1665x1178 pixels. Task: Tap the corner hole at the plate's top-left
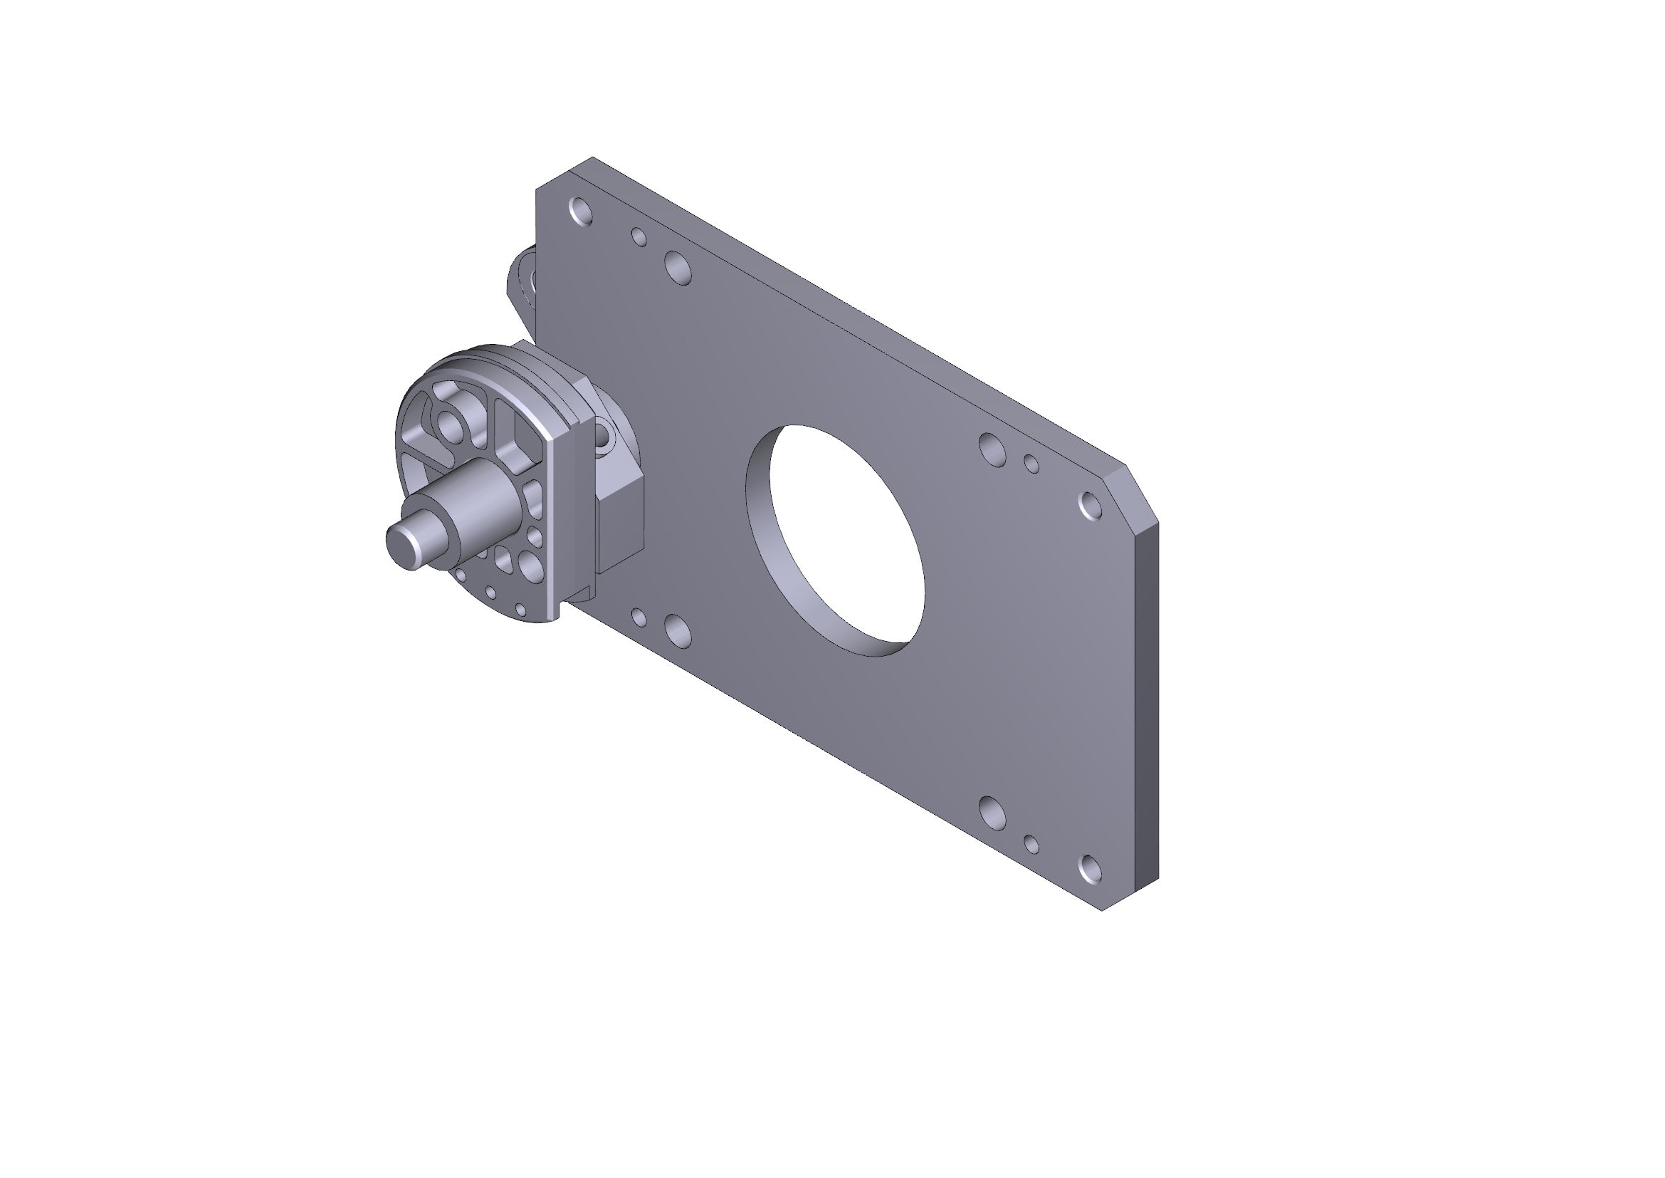click(x=581, y=211)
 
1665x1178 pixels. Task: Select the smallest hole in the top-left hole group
click(x=639, y=236)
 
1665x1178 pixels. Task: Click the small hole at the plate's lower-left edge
click(x=639, y=617)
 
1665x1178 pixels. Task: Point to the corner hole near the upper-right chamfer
click(x=1090, y=505)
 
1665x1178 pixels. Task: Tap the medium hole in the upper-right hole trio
click(x=992, y=447)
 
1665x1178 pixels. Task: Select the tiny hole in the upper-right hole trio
click(x=1031, y=464)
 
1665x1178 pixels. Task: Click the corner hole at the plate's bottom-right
click(x=1090, y=868)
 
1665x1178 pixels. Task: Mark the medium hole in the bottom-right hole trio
click(x=992, y=813)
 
